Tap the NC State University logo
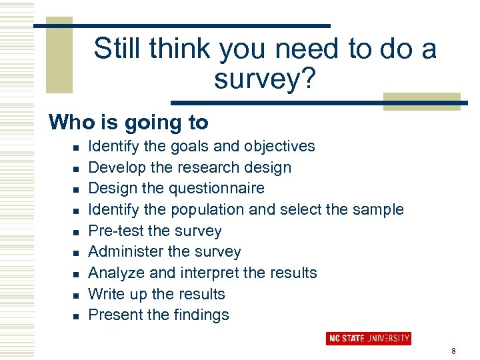tap(368, 338)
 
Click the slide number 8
tap(453, 351)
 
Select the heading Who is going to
tap(129, 123)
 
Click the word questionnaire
tap(217, 189)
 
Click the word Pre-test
tap(116, 231)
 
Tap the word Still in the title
tap(118, 49)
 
